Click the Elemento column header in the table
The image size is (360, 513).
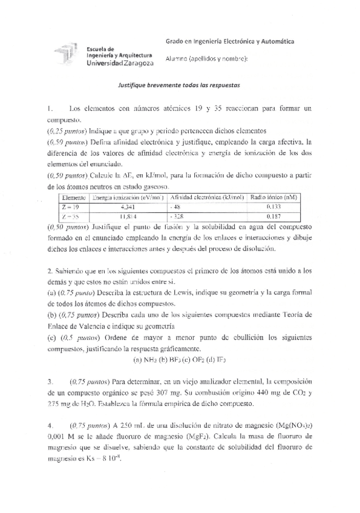(x=74, y=198)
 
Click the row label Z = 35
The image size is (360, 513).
(x=74, y=215)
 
